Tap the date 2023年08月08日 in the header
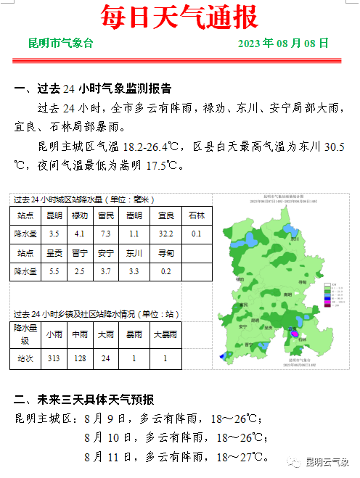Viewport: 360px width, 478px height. pyautogui.click(x=283, y=44)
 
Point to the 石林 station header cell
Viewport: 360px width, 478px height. pyautogui.click(x=196, y=216)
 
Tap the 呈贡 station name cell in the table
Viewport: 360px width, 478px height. pyautogui.click(x=54, y=254)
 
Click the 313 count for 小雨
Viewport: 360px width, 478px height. pyautogui.click(x=54, y=357)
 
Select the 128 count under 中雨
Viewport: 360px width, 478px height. pyautogui.click(x=80, y=357)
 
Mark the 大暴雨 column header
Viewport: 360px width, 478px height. pyautogui.click(x=165, y=335)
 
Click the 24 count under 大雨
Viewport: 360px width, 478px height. pyautogui.click(x=106, y=357)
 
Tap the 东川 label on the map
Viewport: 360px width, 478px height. pyautogui.click(x=295, y=238)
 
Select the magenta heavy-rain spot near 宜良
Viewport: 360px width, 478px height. pyautogui.click(x=295, y=333)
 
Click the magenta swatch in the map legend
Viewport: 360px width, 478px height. pyautogui.click(x=327, y=302)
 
